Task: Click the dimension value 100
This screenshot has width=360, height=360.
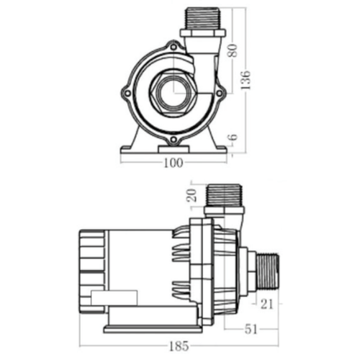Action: tap(173, 163)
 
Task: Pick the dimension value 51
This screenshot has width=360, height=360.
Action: tap(250, 330)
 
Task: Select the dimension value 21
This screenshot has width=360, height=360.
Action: tap(266, 304)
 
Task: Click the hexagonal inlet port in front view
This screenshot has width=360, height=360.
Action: tap(173, 91)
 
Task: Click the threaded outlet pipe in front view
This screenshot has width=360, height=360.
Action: tap(204, 18)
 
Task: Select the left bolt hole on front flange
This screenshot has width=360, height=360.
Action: tap(127, 93)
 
